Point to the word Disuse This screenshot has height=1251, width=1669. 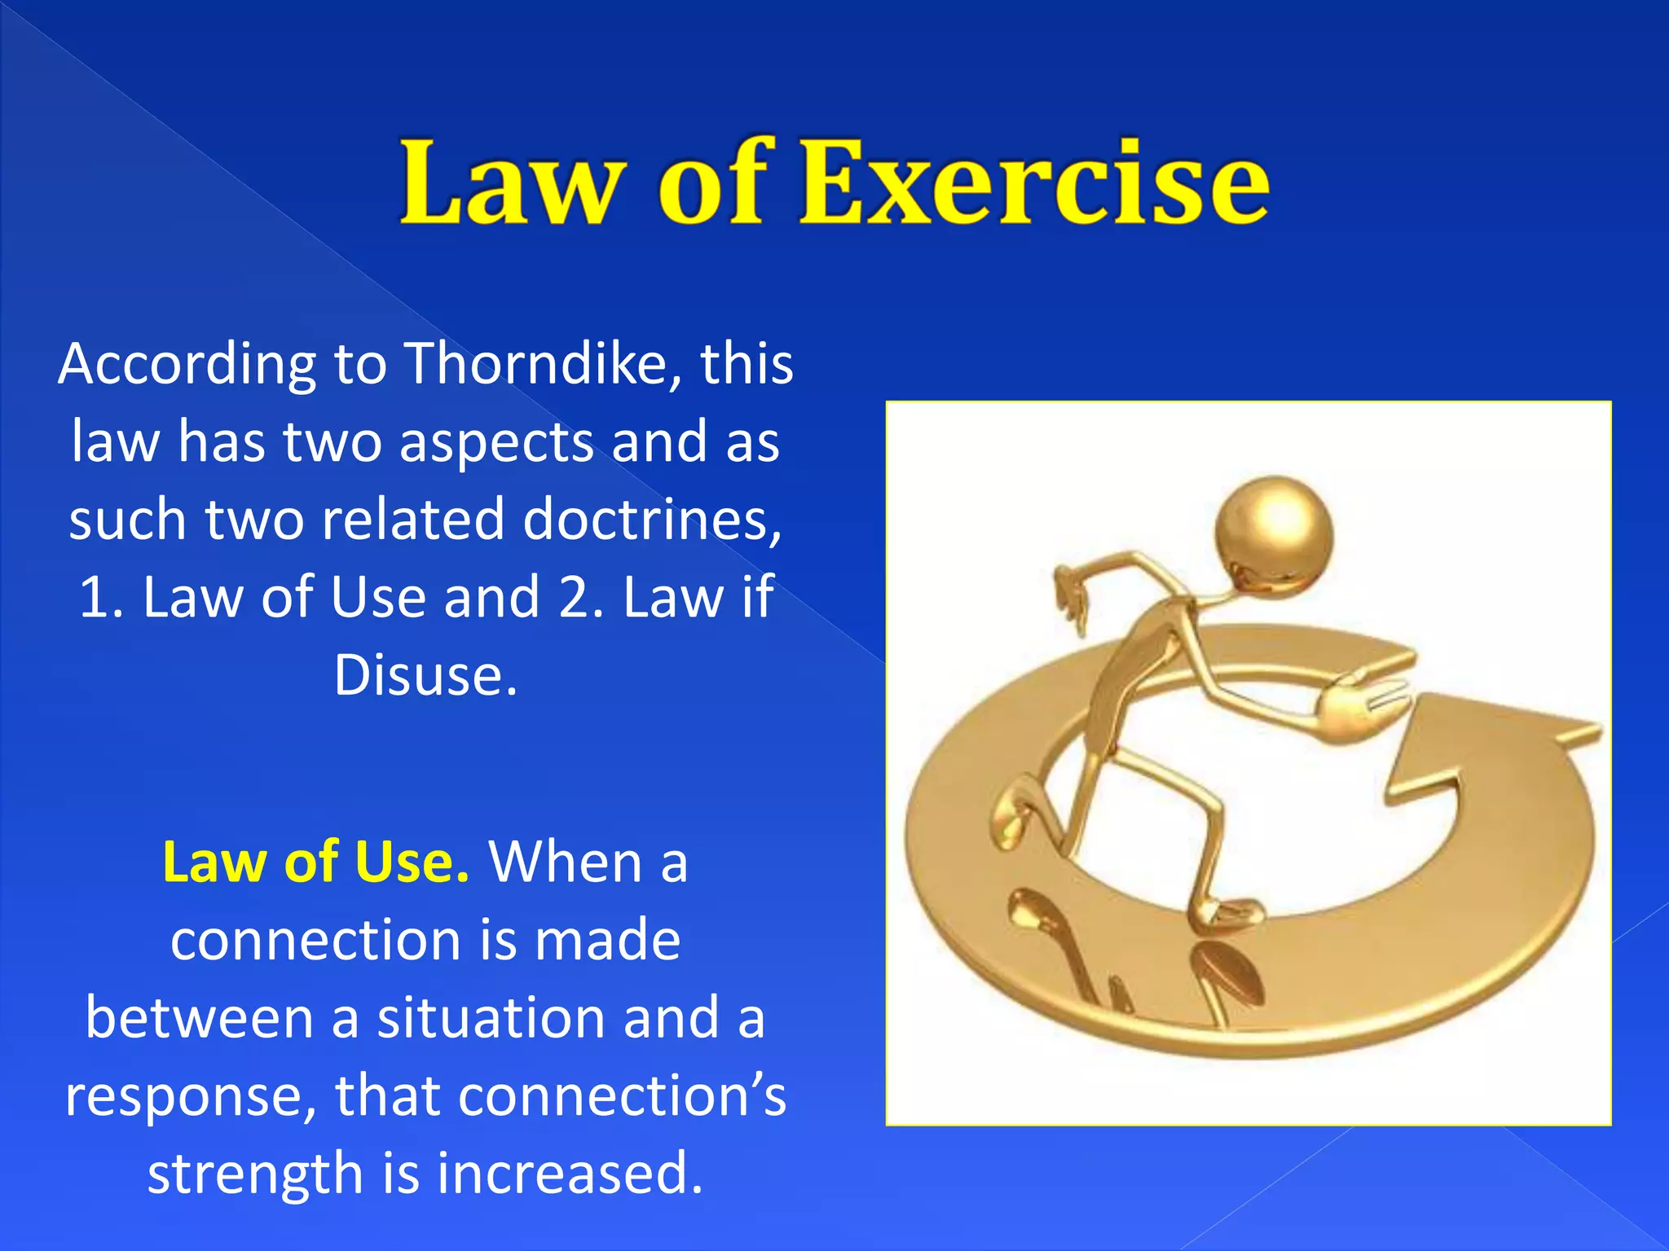tap(425, 676)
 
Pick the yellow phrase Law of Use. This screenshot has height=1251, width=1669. tap(315, 862)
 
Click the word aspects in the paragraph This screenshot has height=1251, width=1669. tap(497, 442)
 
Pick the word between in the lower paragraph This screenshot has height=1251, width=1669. tap(200, 1018)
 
